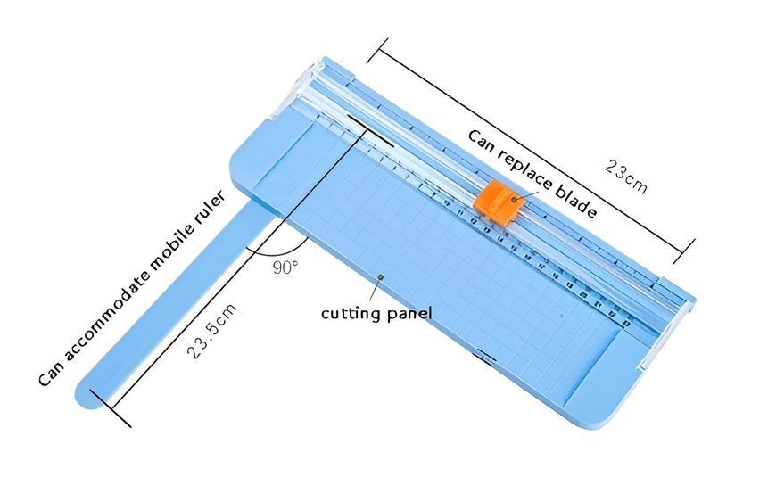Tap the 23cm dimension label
pyautogui.click(x=625, y=177)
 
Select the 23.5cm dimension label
pyautogui.click(x=211, y=331)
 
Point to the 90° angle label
pyautogui.click(x=285, y=267)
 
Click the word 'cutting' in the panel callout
pyautogui.click(x=351, y=314)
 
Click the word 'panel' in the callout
pyautogui.click(x=409, y=314)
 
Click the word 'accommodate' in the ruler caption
pyautogui.click(x=105, y=318)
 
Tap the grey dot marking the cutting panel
pyautogui.click(x=381, y=276)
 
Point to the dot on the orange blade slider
pyautogui.click(x=514, y=200)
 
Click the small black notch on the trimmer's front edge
pyautogui.click(x=486, y=355)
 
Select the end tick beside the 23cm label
pyautogui.click(x=684, y=251)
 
